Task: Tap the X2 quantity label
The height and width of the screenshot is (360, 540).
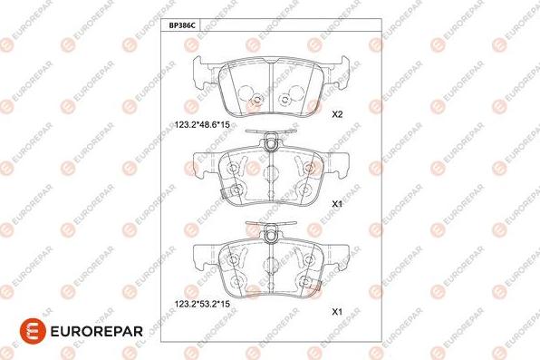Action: [337, 114]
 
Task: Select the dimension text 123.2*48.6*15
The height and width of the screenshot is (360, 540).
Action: [202, 124]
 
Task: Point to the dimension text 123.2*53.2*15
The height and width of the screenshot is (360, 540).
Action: [202, 304]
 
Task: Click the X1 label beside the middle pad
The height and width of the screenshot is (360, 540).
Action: [337, 204]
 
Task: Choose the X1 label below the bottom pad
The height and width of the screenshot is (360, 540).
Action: [337, 312]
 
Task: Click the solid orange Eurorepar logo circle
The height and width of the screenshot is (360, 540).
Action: [33, 331]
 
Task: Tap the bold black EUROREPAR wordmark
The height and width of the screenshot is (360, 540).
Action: [96, 332]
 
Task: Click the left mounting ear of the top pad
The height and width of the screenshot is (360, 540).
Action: [206, 73]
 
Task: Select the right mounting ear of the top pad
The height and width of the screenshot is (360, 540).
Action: [336, 73]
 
